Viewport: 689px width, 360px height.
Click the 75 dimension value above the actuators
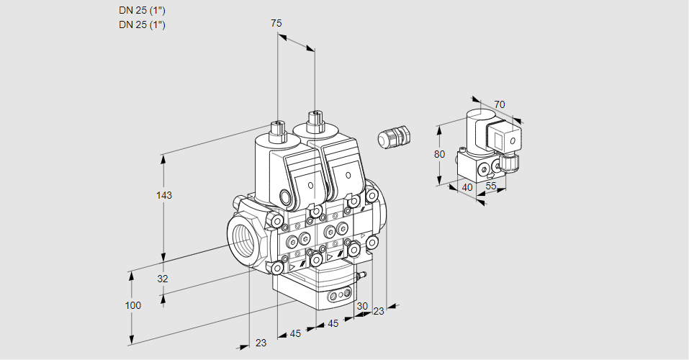click(276, 24)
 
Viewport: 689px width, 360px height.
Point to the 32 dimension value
click(163, 279)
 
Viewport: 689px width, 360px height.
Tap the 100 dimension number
click(132, 305)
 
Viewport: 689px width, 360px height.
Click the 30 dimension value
click(361, 306)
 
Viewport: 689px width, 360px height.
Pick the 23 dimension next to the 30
click(379, 311)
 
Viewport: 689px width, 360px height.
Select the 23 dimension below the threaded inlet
click(261, 343)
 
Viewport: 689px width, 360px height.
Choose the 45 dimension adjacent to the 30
click(333, 323)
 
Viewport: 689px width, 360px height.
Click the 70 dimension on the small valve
click(500, 104)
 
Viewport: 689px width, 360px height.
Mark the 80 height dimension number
click(440, 153)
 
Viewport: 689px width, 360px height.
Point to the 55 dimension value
click(492, 186)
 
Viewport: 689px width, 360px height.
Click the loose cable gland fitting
click(394, 137)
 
